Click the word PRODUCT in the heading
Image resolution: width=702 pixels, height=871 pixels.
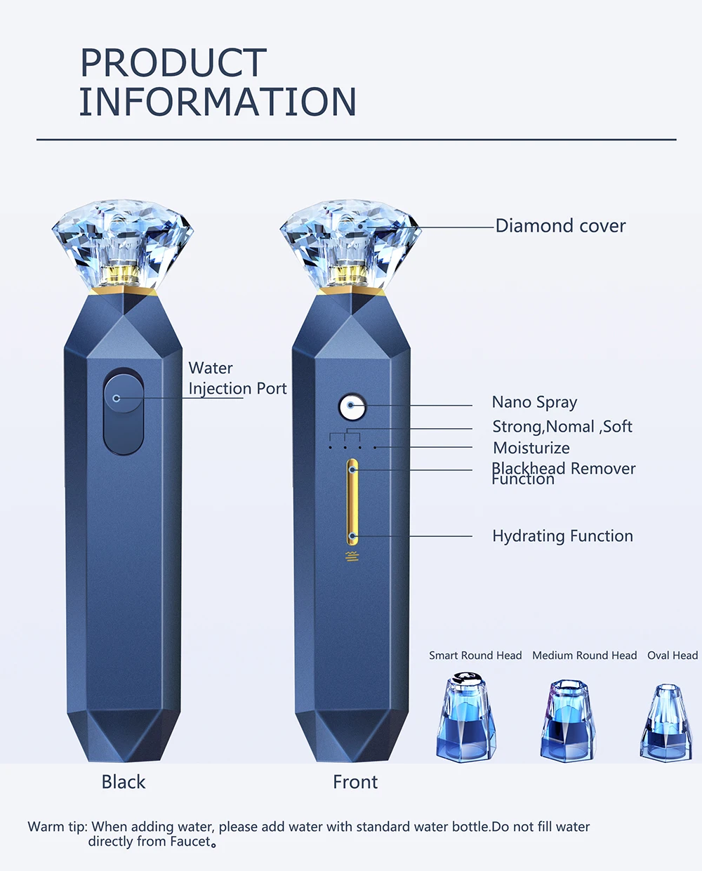point(173,63)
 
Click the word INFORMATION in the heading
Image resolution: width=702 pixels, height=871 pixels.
point(218,102)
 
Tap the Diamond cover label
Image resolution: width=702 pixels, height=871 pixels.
point(560,226)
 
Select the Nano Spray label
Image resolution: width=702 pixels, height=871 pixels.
point(534,402)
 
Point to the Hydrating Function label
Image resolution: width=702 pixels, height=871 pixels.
point(562,536)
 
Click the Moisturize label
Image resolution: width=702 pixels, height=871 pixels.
point(531,448)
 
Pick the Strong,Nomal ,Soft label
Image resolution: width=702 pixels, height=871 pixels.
point(562,427)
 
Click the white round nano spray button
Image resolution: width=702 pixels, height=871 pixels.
point(352,406)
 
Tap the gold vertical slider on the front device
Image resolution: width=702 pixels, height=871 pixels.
point(352,501)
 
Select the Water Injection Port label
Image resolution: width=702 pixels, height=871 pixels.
point(237,378)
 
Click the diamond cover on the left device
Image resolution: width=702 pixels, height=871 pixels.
point(123,243)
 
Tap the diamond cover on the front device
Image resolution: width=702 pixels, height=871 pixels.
point(350,243)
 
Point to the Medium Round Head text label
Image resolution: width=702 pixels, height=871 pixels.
point(584,656)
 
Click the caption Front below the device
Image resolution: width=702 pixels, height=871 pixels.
point(355,782)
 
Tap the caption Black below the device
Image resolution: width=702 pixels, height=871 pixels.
point(124,782)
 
